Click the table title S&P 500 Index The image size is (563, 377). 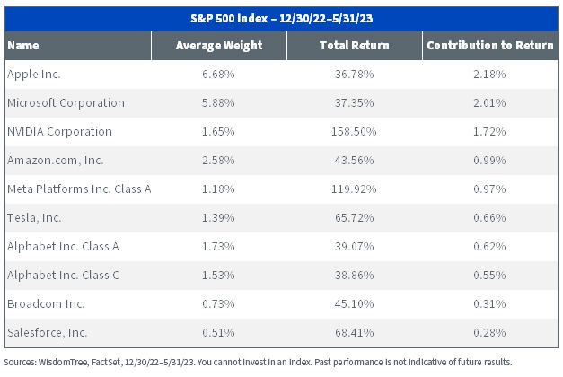click(x=229, y=18)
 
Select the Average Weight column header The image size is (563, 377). click(x=219, y=46)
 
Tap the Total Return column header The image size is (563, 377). click(x=355, y=45)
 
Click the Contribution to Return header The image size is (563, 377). click(x=490, y=45)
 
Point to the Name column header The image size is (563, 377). click(x=23, y=45)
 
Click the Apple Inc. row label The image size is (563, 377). click(x=34, y=74)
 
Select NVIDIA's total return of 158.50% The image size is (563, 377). click(x=354, y=131)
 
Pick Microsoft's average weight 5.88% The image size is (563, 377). click(x=218, y=102)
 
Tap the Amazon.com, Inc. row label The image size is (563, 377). click(x=56, y=160)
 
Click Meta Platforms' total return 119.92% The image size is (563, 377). click(x=354, y=188)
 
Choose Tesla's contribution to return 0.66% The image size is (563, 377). click(x=489, y=217)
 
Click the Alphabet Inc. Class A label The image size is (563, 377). click(x=63, y=246)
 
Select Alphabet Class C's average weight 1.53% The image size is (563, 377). click(x=218, y=275)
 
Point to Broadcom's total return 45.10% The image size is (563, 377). click(x=355, y=303)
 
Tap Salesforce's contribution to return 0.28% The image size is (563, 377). click(x=489, y=332)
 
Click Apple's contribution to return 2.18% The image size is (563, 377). click(x=489, y=74)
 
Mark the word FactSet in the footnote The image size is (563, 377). click(x=107, y=362)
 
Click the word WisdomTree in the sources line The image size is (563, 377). click(x=64, y=362)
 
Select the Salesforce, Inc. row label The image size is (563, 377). click(x=48, y=332)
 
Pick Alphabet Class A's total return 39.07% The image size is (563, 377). click(x=355, y=246)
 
